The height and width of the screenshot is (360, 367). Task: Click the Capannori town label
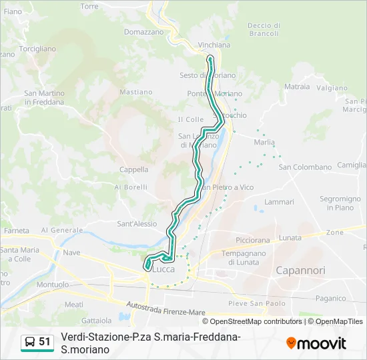[x=300, y=270]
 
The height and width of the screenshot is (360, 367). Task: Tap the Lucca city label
[x=163, y=269]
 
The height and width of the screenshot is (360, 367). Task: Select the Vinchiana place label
[x=214, y=45]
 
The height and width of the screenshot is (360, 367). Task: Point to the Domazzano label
[x=143, y=31]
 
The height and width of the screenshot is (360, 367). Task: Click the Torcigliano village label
[x=37, y=49]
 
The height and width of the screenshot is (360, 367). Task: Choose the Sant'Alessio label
[x=137, y=224]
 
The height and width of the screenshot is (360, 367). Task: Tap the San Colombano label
[x=300, y=167]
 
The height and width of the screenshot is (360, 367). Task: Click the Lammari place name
[x=279, y=202]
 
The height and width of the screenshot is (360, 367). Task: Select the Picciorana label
[x=253, y=239]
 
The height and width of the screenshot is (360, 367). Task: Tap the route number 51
[x=45, y=342]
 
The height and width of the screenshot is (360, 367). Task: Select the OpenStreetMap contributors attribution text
[x=256, y=321]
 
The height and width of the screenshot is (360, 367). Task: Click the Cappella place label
[x=133, y=169]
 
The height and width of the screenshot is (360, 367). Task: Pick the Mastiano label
[x=135, y=92]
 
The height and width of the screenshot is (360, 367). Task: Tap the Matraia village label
[x=297, y=87]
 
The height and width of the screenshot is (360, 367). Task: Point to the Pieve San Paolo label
[x=257, y=303]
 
